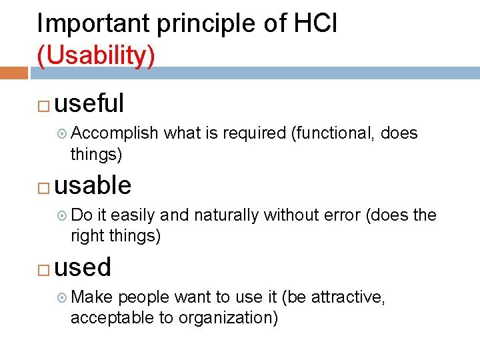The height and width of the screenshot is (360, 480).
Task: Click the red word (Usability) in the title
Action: [x=96, y=56]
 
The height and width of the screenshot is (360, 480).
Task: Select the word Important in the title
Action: [x=93, y=24]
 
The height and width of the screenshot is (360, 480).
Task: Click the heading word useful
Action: [x=89, y=103]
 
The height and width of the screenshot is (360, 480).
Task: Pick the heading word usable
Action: [x=93, y=185]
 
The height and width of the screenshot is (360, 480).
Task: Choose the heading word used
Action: [x=83, y=267]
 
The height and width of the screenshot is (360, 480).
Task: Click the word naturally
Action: [x=227, y=216]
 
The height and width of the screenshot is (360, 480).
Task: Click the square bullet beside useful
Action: [x=43, y=105]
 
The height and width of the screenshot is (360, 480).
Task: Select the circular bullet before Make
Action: [x=62, y=298]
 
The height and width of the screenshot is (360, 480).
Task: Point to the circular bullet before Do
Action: [x=62, y=216]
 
